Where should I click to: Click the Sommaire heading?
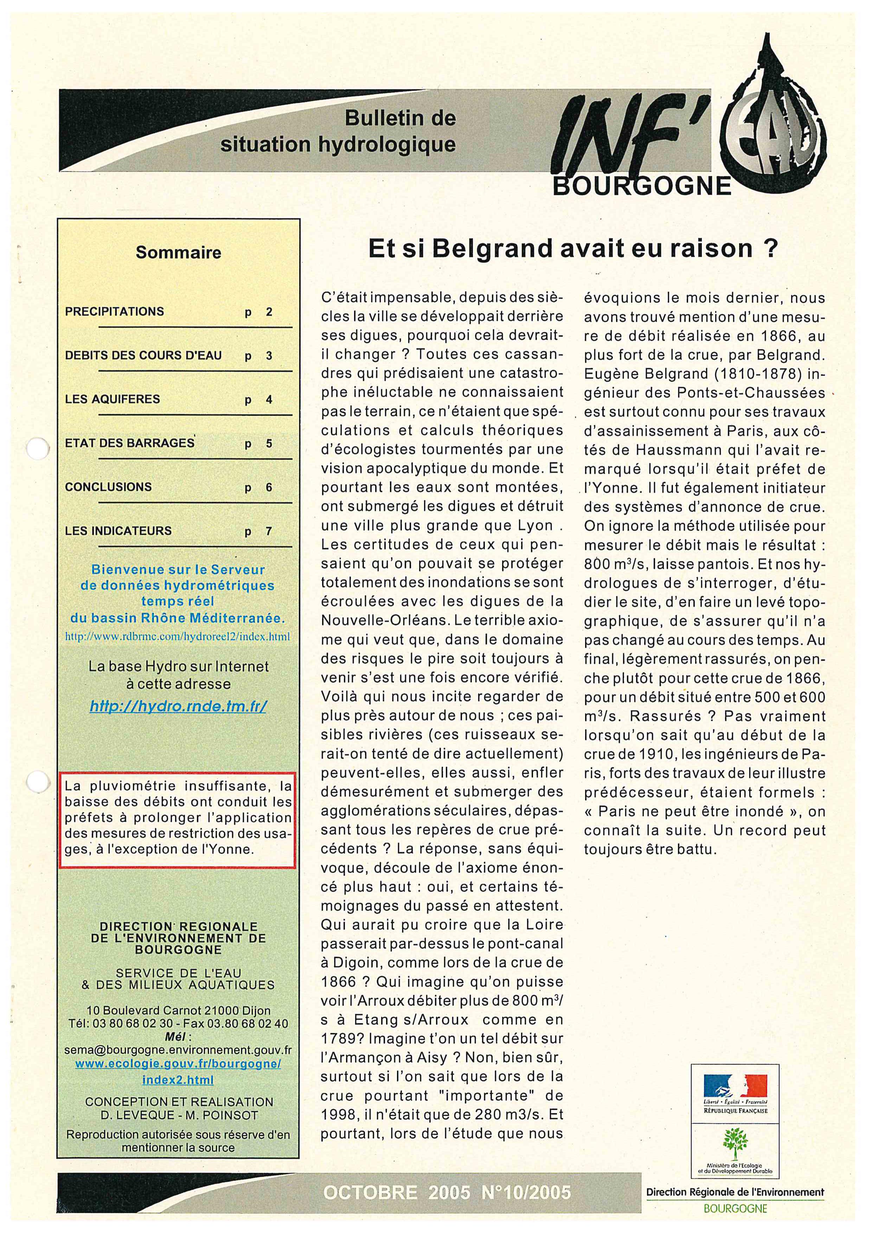[178, 252]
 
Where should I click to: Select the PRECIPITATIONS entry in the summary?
[114, 312]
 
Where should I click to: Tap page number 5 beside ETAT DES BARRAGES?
[269, 444]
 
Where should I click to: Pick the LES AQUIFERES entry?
[112, 399]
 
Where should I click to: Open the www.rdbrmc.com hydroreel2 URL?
[177, 637]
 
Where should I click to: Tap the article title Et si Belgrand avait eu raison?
[572, 249]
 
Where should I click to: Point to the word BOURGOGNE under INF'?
[642, 186]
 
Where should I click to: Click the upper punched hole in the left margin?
[38, 448]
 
